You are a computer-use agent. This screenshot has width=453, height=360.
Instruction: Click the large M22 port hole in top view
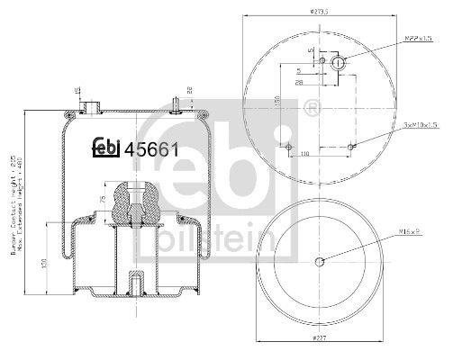[x=340, y=63]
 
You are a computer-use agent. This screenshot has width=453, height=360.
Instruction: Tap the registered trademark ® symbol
[x=313, y=109]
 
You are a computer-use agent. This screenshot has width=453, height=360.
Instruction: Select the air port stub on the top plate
[x=90, y=107]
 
